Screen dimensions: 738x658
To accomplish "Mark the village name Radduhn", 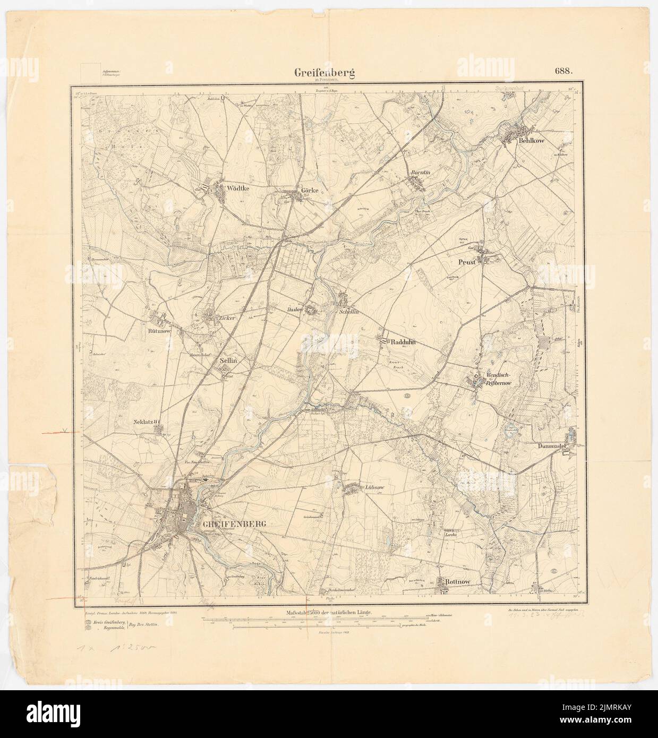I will click(406, 343).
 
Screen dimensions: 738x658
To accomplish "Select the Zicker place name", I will click(225, 318).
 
